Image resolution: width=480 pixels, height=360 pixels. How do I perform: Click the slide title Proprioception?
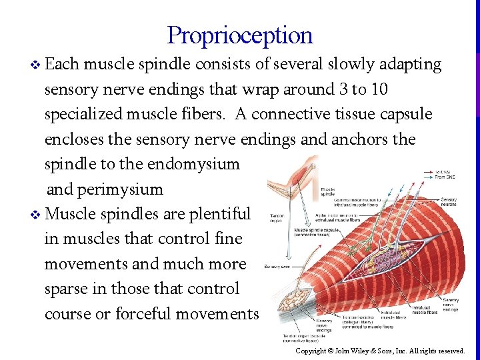click(239, 35)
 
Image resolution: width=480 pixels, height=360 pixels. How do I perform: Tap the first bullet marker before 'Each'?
click(35, 65)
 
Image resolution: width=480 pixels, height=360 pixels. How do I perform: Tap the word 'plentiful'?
click(219, 214)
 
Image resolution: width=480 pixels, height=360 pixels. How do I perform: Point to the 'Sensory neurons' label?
click(449, 202)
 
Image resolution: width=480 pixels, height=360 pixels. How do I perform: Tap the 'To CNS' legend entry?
click(443, 172)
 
